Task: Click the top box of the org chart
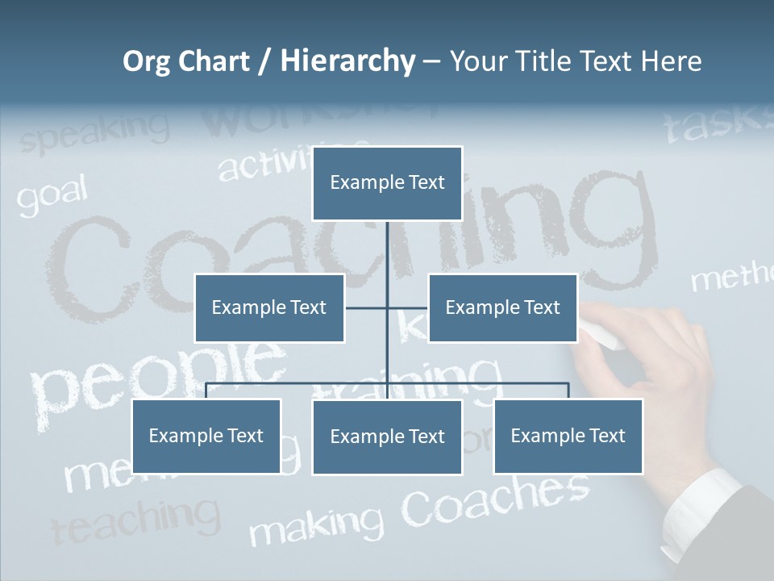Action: click(387, 183)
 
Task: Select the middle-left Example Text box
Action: click(268, 307)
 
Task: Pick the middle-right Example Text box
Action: click(502, 307)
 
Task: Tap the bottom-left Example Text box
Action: click(206, 436)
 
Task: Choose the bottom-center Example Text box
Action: click(387, 437)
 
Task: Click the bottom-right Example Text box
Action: click(568, 436)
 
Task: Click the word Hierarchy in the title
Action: click(347, 61)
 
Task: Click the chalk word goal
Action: click(52, 197)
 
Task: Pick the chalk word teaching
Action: click(135, 519)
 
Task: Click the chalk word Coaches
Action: click(495, 497)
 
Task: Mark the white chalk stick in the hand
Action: click(601, 334)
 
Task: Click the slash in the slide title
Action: click(264, 62)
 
